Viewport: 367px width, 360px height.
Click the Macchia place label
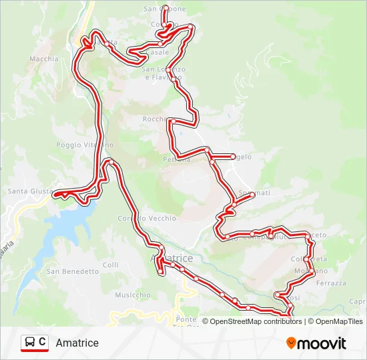(44, 59)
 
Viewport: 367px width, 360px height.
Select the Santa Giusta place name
(29, 191)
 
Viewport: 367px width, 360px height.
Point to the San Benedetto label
(72, 271)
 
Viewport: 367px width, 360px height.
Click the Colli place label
(110, 265)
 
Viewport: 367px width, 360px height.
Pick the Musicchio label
(133, 295)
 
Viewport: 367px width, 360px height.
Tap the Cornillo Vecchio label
(147, 218)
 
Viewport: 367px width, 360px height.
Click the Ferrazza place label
(331, 283)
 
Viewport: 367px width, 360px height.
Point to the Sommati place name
(254, 193)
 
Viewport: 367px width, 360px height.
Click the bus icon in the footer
(30, 343)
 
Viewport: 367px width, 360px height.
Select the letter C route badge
(43, 342)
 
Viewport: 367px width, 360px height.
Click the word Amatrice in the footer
(77, 343)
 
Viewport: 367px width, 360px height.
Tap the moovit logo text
(322, 343)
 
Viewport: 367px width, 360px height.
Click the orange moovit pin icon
(291, 343)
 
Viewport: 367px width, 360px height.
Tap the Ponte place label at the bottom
(189, 319)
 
